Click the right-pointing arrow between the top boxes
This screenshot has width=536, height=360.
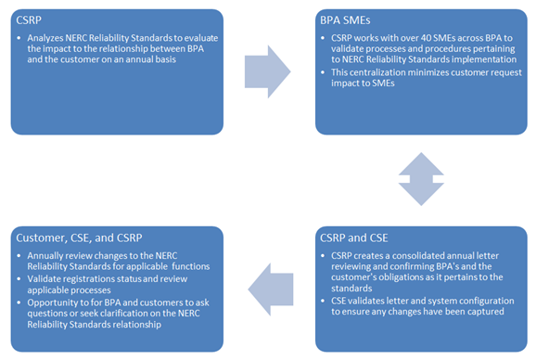click(x=268, y=71)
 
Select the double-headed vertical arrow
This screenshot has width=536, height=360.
click(x=421, y=179)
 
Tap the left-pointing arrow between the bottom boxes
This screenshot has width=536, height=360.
click(x=271, y=289)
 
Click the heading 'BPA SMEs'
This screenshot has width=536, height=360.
click(x=345, y=20)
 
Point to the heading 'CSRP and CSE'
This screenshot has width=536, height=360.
click(x=354, y=238)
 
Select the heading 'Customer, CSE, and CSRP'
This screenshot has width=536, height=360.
click(x=79, y=238)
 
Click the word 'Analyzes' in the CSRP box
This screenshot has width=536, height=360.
click(x=45, y=38)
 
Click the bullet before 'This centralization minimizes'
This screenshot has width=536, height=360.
click(x=323, y=72)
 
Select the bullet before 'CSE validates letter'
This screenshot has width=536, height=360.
click(x=323, y=301)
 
